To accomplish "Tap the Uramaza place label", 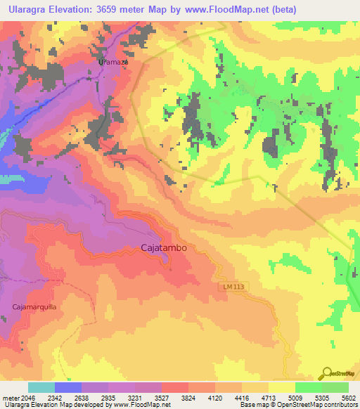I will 112,62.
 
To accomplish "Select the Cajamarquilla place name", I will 34,307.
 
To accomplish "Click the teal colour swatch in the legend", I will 41,387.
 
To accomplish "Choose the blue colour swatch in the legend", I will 68,387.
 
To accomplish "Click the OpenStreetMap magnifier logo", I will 328,373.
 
